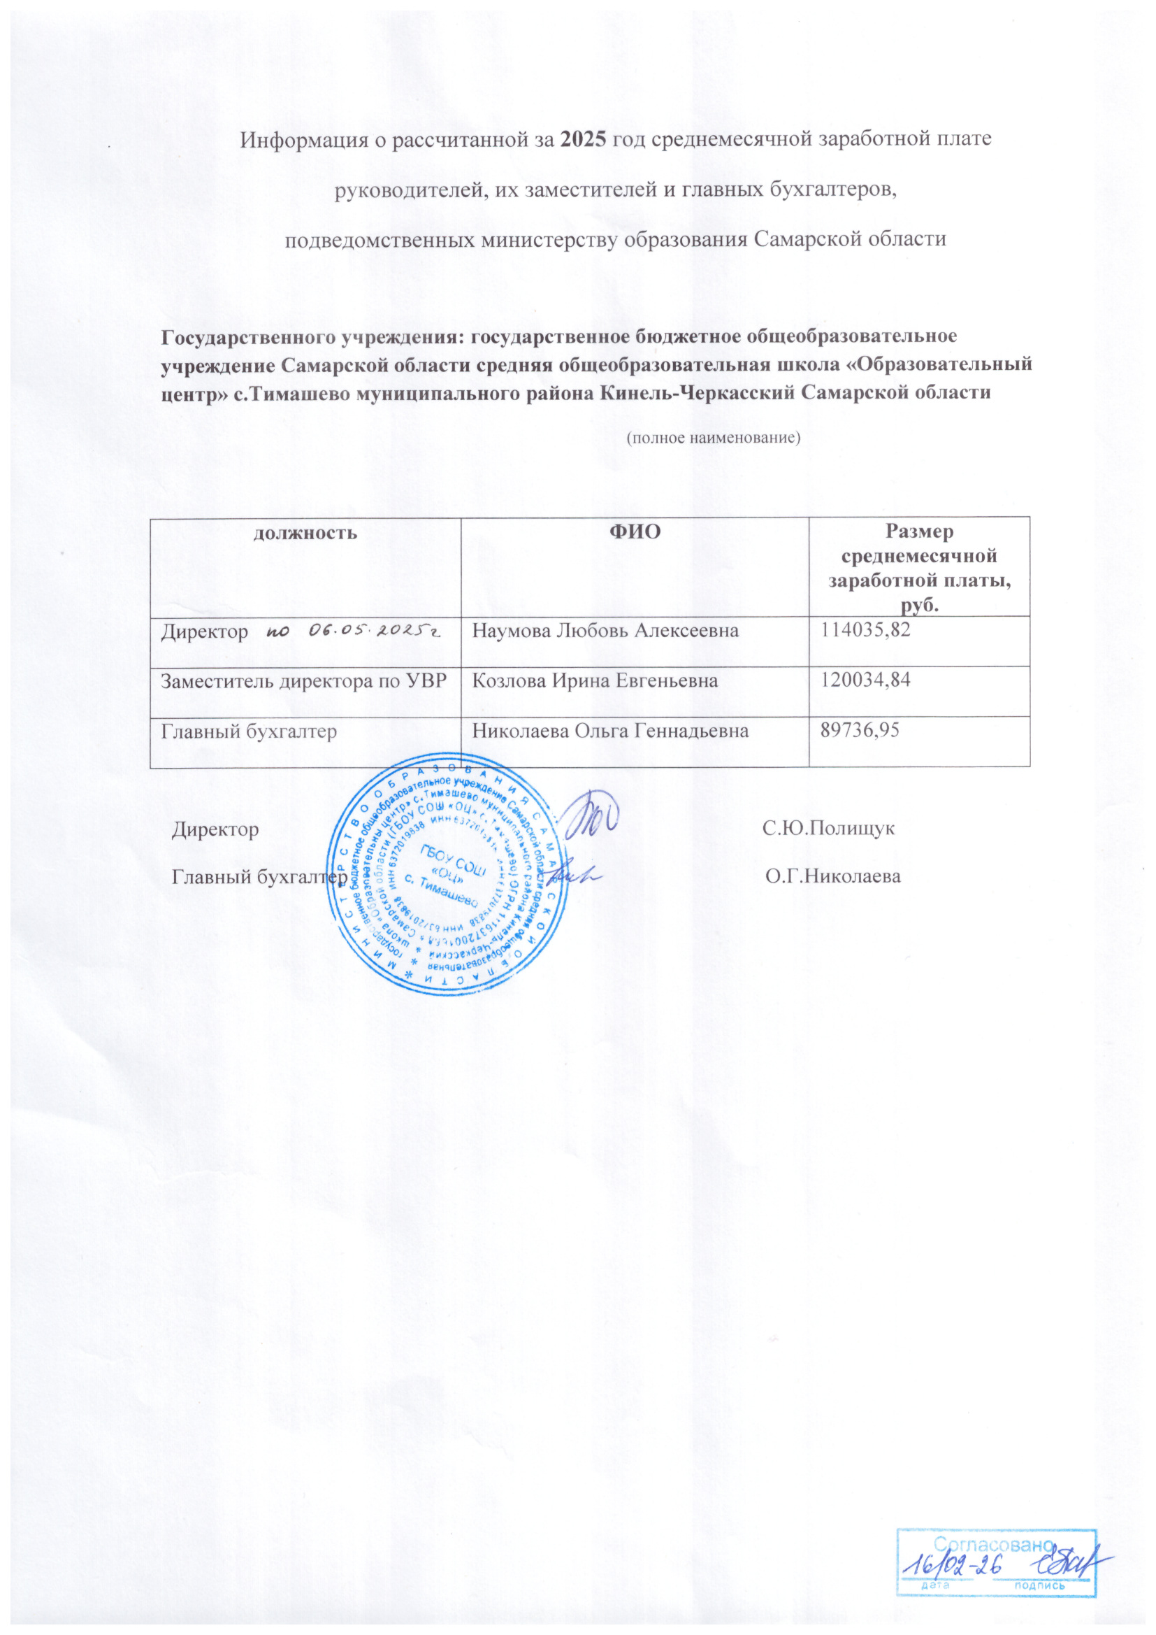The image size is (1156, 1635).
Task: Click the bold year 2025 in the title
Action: (x=584, y=139)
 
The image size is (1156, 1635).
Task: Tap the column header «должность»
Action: (x=305, y=533)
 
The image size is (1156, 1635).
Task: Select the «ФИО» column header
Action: (x=635, y=532)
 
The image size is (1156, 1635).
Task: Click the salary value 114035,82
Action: (x=865, y=630)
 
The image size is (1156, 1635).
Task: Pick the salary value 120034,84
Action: (x=865, y=680)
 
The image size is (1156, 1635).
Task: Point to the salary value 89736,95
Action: (x=860, y=731)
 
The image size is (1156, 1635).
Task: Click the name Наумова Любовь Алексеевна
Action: (x=606, y=631)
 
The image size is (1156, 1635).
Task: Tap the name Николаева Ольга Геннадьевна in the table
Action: (x=611, y=731)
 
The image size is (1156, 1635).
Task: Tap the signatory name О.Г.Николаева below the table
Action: (x=833, y=877)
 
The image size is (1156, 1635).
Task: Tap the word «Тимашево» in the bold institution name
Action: (x=300, y=393)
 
